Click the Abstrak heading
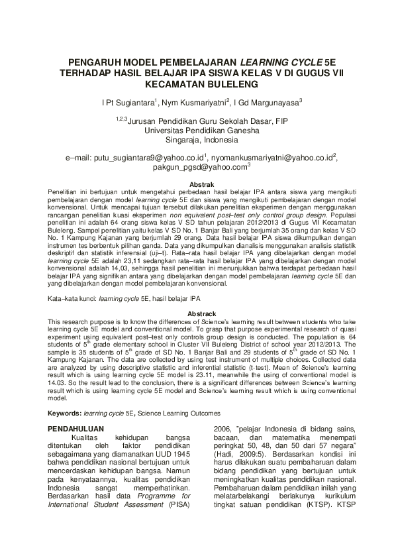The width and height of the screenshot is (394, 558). (x=201, y=184)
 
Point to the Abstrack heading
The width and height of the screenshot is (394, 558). (x=201, y=313)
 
